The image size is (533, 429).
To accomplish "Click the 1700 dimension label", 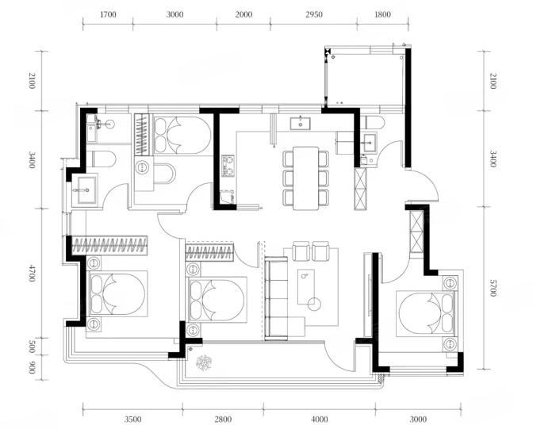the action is point(109,14).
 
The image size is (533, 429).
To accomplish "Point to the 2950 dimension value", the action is point(314,14).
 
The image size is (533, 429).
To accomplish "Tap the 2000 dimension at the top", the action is point(243,14).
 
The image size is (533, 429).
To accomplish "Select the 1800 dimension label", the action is point(382,14).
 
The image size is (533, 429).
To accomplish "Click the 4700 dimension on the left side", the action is point(32,273).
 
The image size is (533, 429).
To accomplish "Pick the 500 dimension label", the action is point(32,347).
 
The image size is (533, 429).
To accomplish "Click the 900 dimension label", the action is point(32,367).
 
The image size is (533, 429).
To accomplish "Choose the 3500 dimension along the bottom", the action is point(132,419).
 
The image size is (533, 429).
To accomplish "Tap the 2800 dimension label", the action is point(223,419).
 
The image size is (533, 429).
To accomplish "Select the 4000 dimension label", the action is point(320,419).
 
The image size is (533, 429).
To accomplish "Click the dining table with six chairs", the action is point(306,178).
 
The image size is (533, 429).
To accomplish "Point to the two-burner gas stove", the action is point(228,166).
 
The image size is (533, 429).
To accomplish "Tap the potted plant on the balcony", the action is point(204,362).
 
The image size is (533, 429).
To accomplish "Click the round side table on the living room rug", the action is point(314,304).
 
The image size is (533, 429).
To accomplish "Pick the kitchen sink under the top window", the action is point(300,124).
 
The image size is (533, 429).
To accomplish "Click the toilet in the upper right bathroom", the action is point(373,122).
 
